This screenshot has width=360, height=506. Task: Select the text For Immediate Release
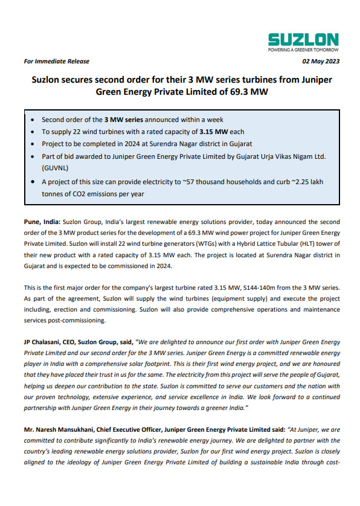[56, 62]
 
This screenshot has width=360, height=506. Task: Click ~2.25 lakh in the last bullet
[309, 181]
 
